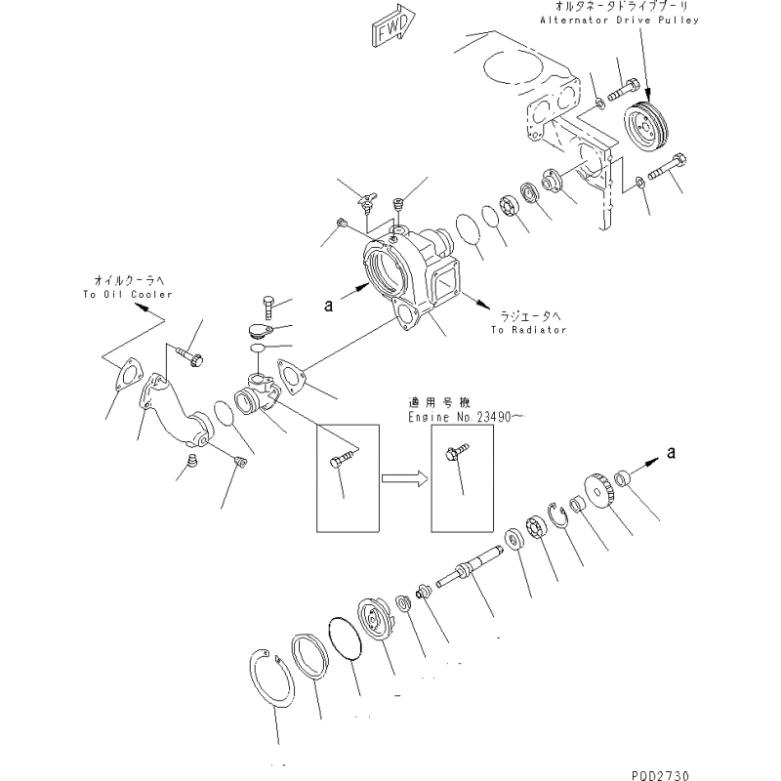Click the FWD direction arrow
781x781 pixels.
[393, 28]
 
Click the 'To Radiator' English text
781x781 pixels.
[529, 331]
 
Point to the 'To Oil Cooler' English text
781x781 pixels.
[128, 294]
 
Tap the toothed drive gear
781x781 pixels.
[598, 488]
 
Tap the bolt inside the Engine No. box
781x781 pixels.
[455, 456]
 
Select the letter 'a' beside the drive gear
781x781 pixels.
[670, 451]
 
